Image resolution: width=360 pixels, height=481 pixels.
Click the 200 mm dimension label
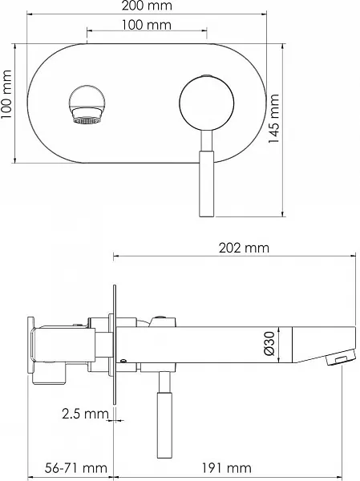[147, 6]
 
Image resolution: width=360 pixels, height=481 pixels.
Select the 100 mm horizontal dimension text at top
[147, 25]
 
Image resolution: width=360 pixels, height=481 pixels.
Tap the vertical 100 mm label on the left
[6, 95]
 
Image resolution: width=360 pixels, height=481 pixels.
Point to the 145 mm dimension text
[273, 119]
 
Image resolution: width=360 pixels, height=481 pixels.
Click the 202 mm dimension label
[244, 248]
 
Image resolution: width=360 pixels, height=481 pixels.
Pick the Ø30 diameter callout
[269, 344]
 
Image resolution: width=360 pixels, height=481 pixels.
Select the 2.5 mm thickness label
[85, 414]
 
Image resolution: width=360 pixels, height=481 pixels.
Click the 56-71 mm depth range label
[76, 468]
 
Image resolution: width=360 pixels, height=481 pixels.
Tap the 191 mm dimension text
[226, 468]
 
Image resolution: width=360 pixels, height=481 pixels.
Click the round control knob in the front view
[207, 103]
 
